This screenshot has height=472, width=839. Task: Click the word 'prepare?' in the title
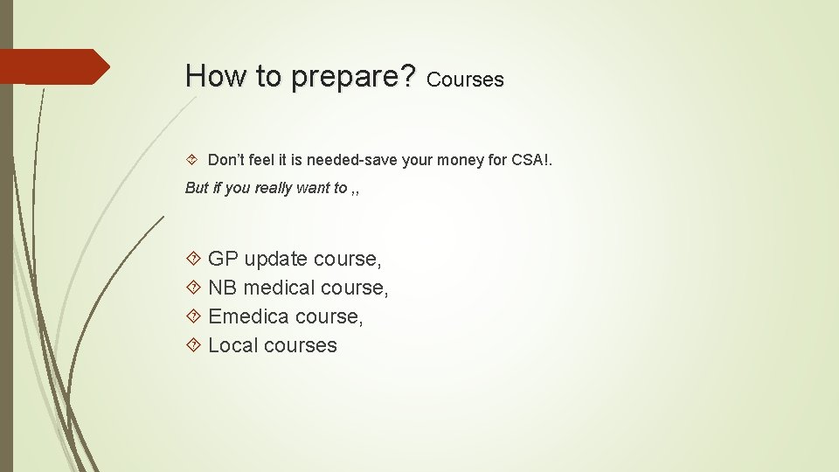click(354, 77)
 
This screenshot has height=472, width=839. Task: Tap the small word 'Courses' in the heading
click(466, 80)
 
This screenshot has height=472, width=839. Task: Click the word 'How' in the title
click(211, 76)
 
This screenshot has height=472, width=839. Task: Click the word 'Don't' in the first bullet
click(227, 160)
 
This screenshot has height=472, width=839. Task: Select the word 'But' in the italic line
click(197, 188)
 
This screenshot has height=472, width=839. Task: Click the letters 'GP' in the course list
click(223, 259)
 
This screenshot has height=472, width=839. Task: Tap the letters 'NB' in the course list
click(223, 288)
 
